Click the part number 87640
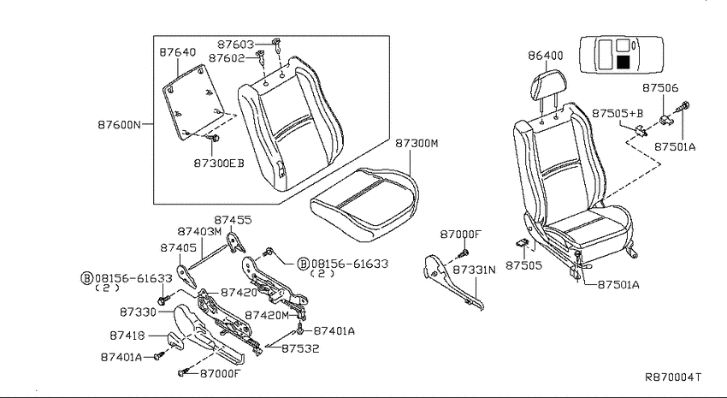pyautogui.click(x=178, y=52)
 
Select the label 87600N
pyautogui.click(x=119, y=124)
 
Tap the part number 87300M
pyautogui.click(x=417, y=143)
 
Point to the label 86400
pyautogui.click(x=546, y=56)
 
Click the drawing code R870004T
pyautogui.click(x=673, y=377)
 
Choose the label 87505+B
pyautogui.click(x=618, y=114)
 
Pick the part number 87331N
pyautogui.click(x=474, y=270)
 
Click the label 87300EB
pyautogui.click(x=219, y=163)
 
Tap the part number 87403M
pyautogui.click(x=200, y=231)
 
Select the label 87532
pyautogui.click(x=300, y=348)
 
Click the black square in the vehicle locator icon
pyautogui.click(x=624, y=62)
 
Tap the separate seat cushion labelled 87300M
pyautogui.click(x=364, y=204)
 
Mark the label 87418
pyautogui.click(x=127, y=335)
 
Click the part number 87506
pyautogui.click(x=660, y=87)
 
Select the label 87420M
pyautogui.click(x=267, y=316)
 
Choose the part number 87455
pyautogui.click(x=233, y=220)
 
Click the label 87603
pyautogui.click(x=236, y=45)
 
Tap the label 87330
pyautogui.click(x=139, y=312)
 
